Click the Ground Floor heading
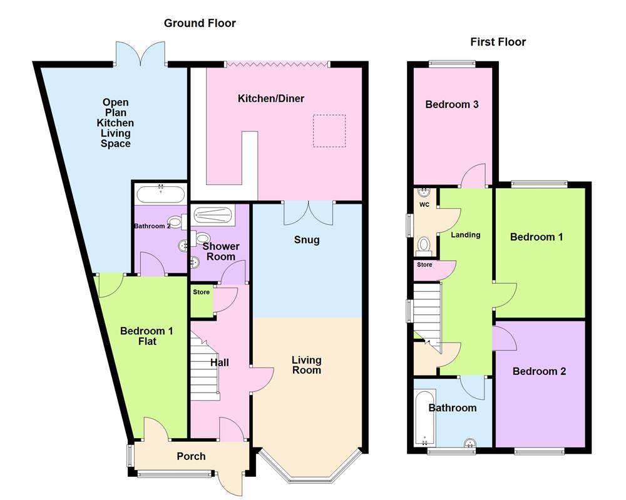(x=200, y=24)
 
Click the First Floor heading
(x=498, y=42)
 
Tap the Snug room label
(x=306, y=240)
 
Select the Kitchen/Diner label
(x=270, y=99)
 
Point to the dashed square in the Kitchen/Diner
(x=329, y=131)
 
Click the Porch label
(x=191, y=456)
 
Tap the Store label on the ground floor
(x=202, y=292)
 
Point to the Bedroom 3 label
(x=452, y=105)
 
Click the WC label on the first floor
(x=424, y=204)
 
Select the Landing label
(x=466, y=235)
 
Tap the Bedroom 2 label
(x=539, y=371)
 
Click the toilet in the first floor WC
(x=424, y=244)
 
